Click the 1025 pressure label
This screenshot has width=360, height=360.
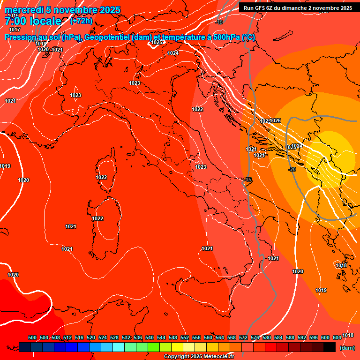coord(157,43)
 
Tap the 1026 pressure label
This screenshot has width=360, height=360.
coord(275,121)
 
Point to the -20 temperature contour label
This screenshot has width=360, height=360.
coord(292,169)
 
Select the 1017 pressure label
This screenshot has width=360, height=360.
coord(15,30)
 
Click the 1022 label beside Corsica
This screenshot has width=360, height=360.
coord(101,177)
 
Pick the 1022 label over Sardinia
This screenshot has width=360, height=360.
coord(97,219)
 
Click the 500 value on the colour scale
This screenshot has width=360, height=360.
coord(32,338)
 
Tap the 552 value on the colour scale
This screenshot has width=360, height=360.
coord(185,338)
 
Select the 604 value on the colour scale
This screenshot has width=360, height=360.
coord(337,338)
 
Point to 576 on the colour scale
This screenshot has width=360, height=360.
coord(255,338)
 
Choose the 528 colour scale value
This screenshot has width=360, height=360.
coord(114,338)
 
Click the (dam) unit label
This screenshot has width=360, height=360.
coord(347,348)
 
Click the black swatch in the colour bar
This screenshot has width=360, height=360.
coord(330,347)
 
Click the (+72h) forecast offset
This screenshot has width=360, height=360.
coord(81,21)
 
